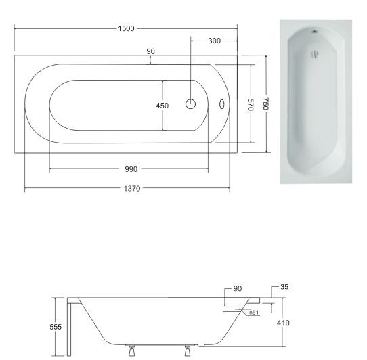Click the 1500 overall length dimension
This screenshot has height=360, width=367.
126,29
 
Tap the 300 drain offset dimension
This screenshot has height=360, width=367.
214,41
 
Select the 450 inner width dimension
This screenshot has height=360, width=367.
163,106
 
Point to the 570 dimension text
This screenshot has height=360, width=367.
251,105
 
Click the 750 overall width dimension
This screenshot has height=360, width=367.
266,104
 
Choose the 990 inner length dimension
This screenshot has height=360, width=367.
131,169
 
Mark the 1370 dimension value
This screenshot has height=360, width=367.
132,189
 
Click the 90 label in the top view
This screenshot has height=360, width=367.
151,51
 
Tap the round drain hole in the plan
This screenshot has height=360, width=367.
190,104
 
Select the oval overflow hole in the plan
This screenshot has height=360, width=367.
222,104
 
